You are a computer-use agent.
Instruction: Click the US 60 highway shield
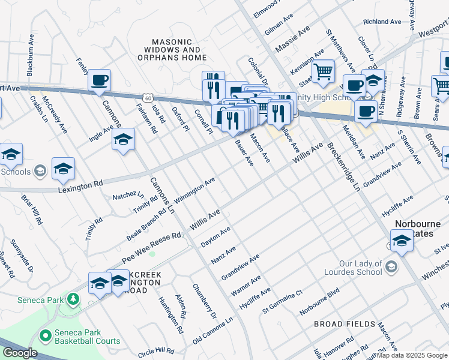coord(148,97)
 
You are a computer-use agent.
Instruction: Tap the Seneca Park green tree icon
coord(73,298)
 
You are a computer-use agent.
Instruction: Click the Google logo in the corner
coord(20,353)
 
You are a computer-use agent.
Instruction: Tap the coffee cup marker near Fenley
coord(100,79)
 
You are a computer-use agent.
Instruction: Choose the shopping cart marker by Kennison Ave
coord(323,71)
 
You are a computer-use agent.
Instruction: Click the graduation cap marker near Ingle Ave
coord(123,139)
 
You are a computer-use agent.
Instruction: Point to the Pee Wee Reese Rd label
coord(151,247)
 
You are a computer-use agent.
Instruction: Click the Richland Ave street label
coord(382,22)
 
